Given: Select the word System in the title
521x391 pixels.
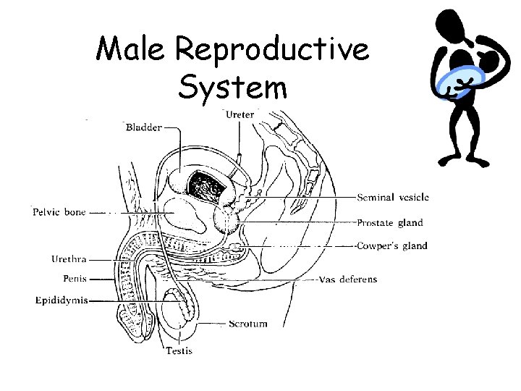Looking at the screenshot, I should [232, 88].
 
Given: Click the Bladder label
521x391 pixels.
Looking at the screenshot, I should [143, 128].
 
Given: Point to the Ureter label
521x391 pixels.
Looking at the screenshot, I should [240, 114].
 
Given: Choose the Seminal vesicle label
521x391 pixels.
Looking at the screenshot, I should [393, 197].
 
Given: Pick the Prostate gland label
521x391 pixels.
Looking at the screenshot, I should [390, 223].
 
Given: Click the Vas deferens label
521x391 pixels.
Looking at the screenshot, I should [348, 279].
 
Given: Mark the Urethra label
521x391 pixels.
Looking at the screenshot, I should [69, 259].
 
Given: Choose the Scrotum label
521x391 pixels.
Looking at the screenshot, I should [248, 324].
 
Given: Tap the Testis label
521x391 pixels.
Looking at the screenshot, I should [179, 351].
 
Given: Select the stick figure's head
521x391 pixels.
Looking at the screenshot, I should [454, 25].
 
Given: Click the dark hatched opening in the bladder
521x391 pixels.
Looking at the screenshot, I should [208, 185].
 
